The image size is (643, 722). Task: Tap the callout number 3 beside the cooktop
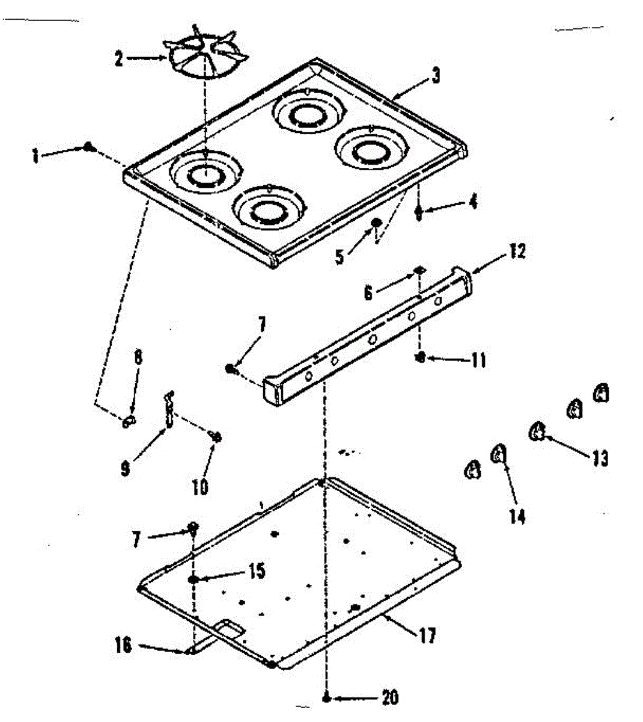[436, 76]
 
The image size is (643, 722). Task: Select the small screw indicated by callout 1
[88, 146]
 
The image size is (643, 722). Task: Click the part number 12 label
[517, 251]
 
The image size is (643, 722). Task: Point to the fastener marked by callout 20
[326, 697]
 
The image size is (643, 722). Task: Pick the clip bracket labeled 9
[169, 409]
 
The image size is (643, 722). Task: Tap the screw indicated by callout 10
[216, 437]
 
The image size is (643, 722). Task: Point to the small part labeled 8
[129, 421]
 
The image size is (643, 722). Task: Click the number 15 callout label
[258, 570]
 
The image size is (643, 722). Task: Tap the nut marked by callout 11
[421, 357]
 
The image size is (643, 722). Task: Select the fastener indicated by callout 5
[376, 223]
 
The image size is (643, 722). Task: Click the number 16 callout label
[123, 644]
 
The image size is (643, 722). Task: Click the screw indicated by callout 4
[419, 211]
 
